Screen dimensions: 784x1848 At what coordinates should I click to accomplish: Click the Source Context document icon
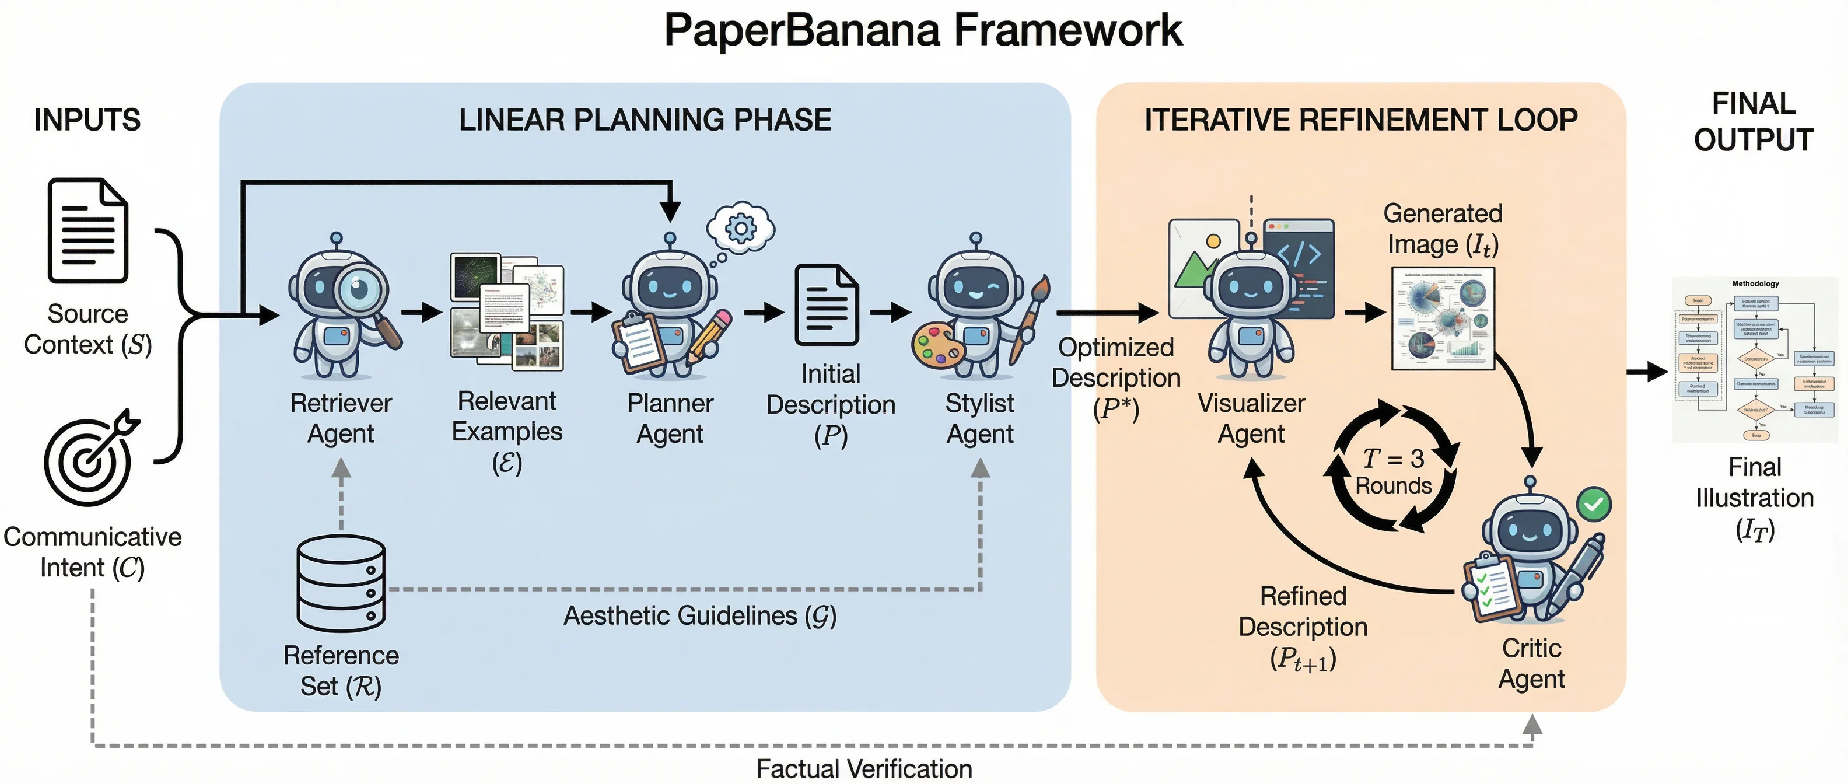(x=87, y=231)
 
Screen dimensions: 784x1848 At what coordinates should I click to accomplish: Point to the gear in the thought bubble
(x=740, y=228)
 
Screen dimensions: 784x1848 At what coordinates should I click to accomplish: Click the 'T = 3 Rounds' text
(x=1393, y=471)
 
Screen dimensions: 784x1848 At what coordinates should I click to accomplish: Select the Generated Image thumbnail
(x=1443, y=318)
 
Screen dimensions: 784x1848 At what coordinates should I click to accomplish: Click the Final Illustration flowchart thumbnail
(x=1755, y=359)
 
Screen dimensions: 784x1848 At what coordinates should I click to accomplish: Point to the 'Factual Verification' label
(x=864, y=769)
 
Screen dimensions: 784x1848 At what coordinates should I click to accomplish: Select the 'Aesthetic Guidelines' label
(x=699, y=615)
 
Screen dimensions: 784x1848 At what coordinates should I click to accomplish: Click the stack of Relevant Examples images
(x=506, y=312)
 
